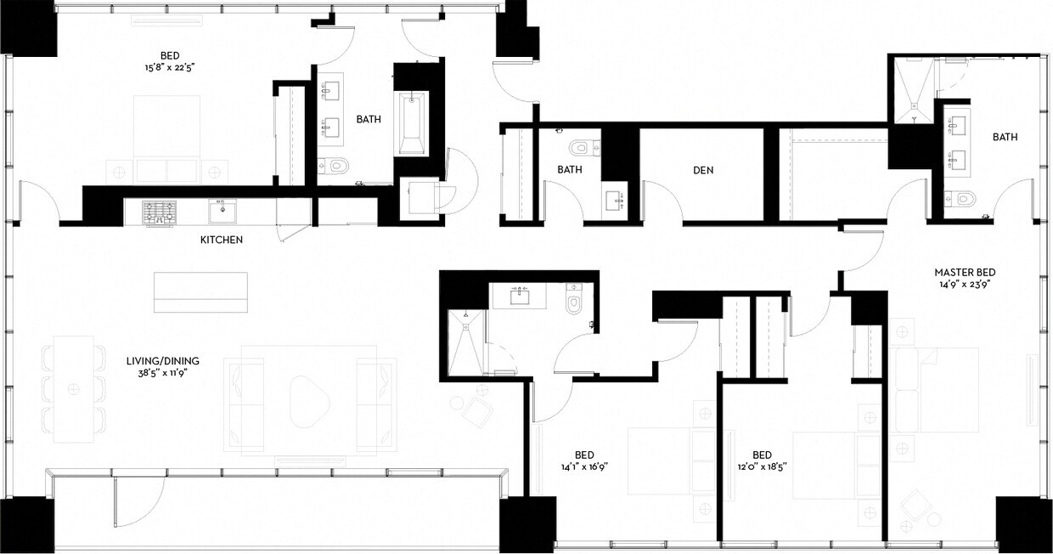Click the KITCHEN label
222,240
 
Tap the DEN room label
703,170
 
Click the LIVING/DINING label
153,359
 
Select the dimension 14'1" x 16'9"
584,466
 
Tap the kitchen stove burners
159,212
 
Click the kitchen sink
222,209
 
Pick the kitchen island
201,291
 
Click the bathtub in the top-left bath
412,122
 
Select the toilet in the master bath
963,200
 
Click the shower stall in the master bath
912,88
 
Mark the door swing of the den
662,201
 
